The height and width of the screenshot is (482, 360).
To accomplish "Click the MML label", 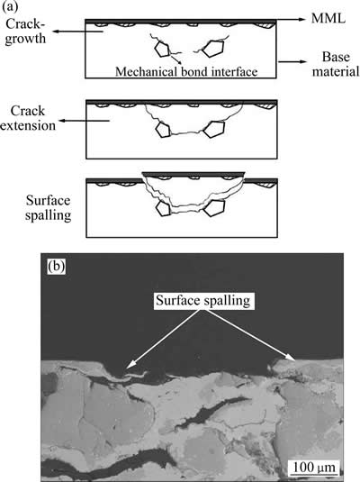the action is (328, 18).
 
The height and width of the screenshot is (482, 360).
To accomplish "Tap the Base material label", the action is (336, 64).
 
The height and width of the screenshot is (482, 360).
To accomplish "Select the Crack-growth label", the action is (25, 31).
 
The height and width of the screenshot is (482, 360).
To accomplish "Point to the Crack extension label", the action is (28, 118).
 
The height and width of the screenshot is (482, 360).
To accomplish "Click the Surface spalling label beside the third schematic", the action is (48, 208).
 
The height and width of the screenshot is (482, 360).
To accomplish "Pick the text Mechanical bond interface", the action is (186, 71).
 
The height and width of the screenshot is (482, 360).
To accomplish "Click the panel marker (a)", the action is (9, 7).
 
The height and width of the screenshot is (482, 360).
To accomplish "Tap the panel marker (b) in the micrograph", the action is (56, 267).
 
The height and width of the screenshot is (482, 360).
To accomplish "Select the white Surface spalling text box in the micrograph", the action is (203, 300).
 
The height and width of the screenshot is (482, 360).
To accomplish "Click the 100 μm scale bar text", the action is (313, 468).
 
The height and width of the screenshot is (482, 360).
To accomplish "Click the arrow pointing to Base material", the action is (292, 62).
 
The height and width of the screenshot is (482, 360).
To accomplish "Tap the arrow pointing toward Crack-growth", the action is (78, 31).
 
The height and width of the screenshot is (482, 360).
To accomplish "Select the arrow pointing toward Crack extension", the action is (84, 121).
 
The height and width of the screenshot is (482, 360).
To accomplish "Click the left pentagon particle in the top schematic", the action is (162, 50).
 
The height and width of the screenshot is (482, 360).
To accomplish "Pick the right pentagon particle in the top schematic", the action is (213, 49).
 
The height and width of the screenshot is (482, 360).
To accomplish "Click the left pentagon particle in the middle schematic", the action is (163, 130).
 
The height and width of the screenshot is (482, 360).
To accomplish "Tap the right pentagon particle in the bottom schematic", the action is (214, 208).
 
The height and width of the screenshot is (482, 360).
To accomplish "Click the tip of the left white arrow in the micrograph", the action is (127, 368).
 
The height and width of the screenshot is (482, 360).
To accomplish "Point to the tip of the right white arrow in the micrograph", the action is (294, 359).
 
